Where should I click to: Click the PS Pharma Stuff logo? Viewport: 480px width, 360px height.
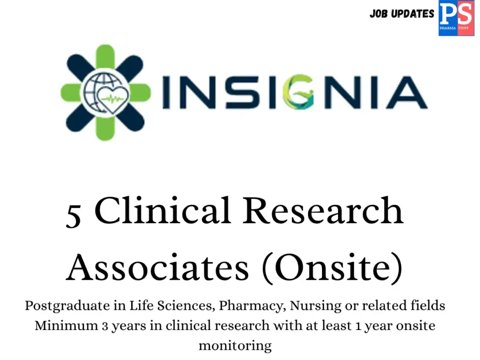pos(456,18)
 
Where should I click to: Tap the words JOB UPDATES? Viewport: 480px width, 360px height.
pos(402,14)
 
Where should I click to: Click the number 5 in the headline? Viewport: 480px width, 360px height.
pos(74,215)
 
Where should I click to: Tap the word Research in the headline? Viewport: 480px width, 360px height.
pos(323,210)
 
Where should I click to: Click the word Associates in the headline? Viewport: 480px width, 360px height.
pos(157,268)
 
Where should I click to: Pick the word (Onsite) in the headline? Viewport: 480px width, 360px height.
pos(332,268)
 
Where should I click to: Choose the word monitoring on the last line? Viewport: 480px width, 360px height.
pos(235,346)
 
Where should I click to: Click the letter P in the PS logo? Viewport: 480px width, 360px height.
pos(448,14)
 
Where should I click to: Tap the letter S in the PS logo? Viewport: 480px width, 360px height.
pos(464,14)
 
